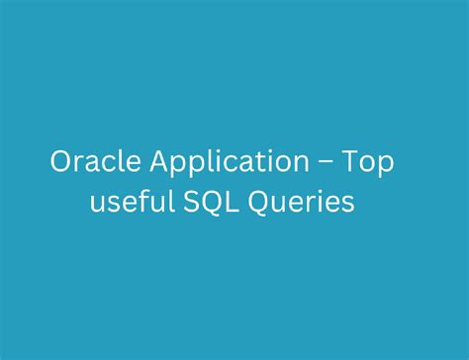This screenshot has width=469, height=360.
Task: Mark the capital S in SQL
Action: [186, 203]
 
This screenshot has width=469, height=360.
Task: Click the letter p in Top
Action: [386, 167]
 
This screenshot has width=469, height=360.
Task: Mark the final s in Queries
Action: [347, 205]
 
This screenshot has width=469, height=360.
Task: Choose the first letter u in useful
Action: [99, 205]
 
